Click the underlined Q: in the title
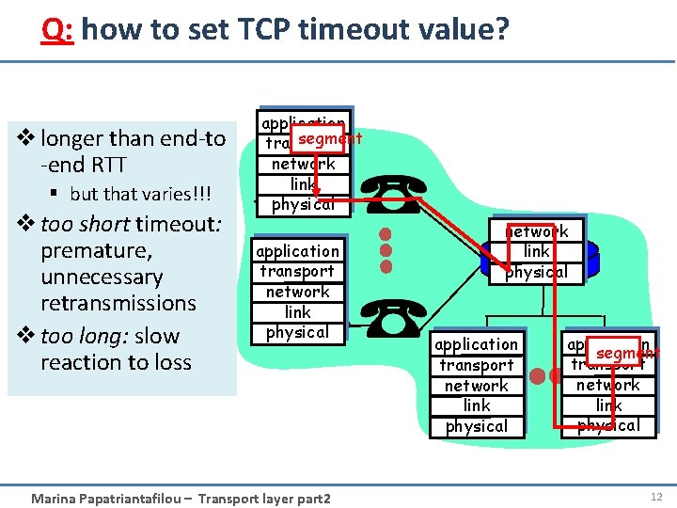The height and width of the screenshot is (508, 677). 58,30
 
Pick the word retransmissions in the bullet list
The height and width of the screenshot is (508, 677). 118,303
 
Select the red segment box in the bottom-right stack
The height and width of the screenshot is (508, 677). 622,352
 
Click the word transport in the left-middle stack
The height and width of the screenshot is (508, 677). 297,272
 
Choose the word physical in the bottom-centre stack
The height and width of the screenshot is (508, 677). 477,426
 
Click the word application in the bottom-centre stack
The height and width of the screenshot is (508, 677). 477,344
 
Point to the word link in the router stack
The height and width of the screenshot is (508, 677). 537,251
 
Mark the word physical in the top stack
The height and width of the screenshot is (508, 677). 303,204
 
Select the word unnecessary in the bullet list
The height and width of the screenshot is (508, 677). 102,278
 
